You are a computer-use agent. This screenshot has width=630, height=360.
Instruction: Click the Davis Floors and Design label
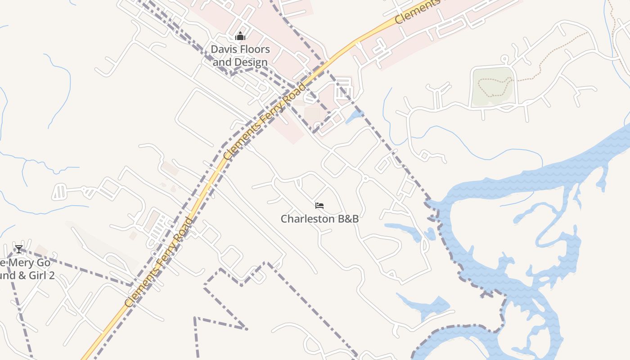(x=241, y=56)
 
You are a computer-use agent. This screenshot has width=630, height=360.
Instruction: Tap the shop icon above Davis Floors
(x=241, y=36)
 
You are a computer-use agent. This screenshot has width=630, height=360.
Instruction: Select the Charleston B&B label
(x=319, y=219)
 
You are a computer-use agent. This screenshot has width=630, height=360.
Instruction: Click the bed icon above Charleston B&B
(x=319, y=206)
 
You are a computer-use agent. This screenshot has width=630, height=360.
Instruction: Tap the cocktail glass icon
(x=18, y=249)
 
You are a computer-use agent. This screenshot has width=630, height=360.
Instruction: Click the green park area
(x=493, y=85)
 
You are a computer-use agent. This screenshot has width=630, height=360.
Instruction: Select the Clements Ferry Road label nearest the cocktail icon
(x=158, y=262)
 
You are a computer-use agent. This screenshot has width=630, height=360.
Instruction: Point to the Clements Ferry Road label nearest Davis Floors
(x=265, y=121)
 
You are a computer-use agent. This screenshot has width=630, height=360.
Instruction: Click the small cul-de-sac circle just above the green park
(x=504, y=58)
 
